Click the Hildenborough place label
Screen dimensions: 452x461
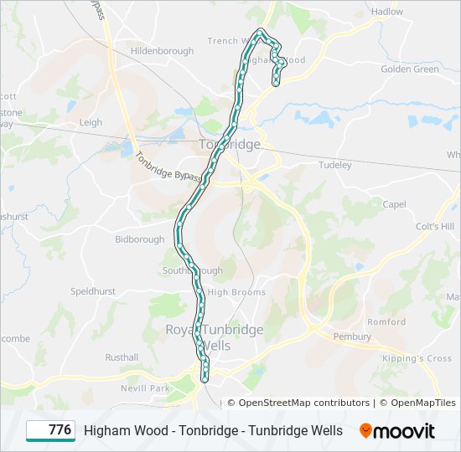162,51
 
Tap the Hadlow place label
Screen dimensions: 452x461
387,12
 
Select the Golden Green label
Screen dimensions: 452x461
410,69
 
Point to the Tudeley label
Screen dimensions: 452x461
335,165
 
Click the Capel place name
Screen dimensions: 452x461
394,204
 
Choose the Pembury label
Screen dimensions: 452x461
352,336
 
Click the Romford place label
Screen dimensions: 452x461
386,321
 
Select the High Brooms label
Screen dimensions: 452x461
236,292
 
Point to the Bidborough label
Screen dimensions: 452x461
140,239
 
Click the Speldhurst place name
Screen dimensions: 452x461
93,292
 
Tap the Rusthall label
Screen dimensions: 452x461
122,357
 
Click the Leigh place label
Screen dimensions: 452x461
91,122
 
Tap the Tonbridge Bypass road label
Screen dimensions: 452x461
168,170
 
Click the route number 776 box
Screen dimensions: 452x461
51,430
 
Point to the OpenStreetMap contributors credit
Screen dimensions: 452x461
303,403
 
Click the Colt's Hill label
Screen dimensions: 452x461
434,227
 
